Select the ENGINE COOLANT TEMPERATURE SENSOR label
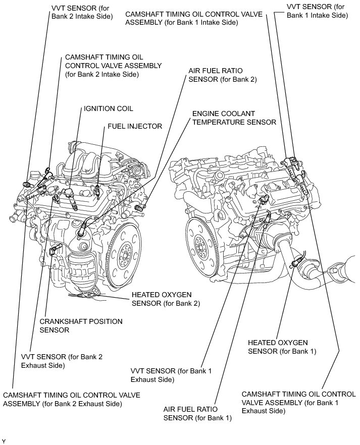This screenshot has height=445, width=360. tap(234, 118)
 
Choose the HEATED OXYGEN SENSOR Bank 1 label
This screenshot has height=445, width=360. tap(285, 347)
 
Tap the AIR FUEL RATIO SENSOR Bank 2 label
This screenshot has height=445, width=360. tap(222, 76)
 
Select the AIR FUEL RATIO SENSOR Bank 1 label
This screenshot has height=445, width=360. tap(197, 413)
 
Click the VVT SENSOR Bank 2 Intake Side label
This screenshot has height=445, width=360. tap(82, 13)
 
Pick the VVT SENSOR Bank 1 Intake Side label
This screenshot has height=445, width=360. tap(317, 11)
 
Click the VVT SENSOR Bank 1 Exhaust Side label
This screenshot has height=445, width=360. tap(171, 375)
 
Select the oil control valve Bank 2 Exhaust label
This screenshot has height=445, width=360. tap(71, 399)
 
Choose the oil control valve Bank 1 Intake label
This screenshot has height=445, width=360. tap(194, 19)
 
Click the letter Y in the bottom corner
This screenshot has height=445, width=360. tap(4, 441)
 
